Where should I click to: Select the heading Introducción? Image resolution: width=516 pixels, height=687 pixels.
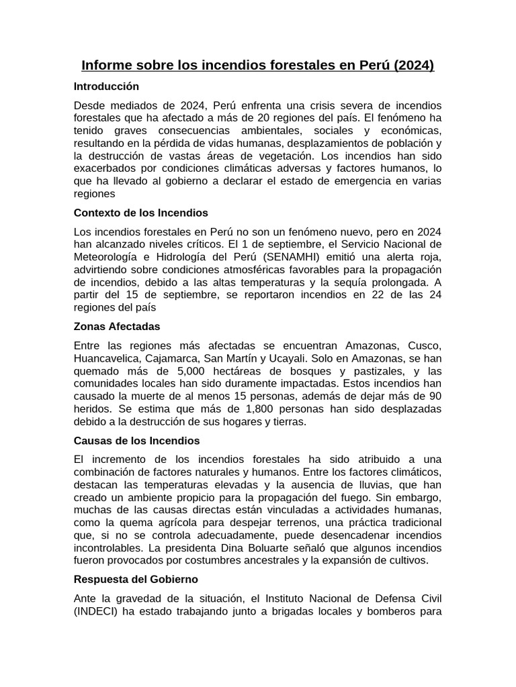106,87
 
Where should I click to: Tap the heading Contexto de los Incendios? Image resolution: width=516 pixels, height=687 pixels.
140,213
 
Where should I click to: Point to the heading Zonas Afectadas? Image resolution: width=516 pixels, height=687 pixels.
117,326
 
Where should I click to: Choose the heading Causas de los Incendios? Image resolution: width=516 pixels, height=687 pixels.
136,441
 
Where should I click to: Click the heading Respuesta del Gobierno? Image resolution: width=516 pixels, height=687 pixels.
136,578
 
